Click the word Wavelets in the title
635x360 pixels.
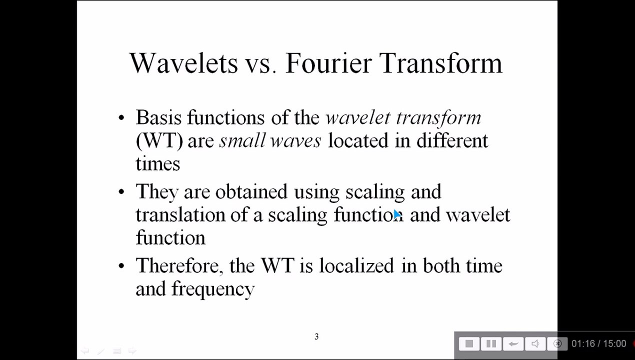point(183,63)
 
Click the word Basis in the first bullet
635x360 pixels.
point(158,117)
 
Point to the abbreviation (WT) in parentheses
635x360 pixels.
point(159,141)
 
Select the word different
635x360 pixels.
point(452,140)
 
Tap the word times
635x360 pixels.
point(158,164)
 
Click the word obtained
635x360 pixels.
point(251,191)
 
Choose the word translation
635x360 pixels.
point(180,214)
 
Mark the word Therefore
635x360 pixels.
point(179,266)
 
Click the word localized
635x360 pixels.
point(356,265)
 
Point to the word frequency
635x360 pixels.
point(213,289)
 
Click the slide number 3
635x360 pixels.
point(316,336)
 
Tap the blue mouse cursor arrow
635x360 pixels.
point(397,214)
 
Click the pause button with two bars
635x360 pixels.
point(491,344)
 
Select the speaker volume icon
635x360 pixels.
point(535,344)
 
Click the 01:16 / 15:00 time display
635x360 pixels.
point(598,344)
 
